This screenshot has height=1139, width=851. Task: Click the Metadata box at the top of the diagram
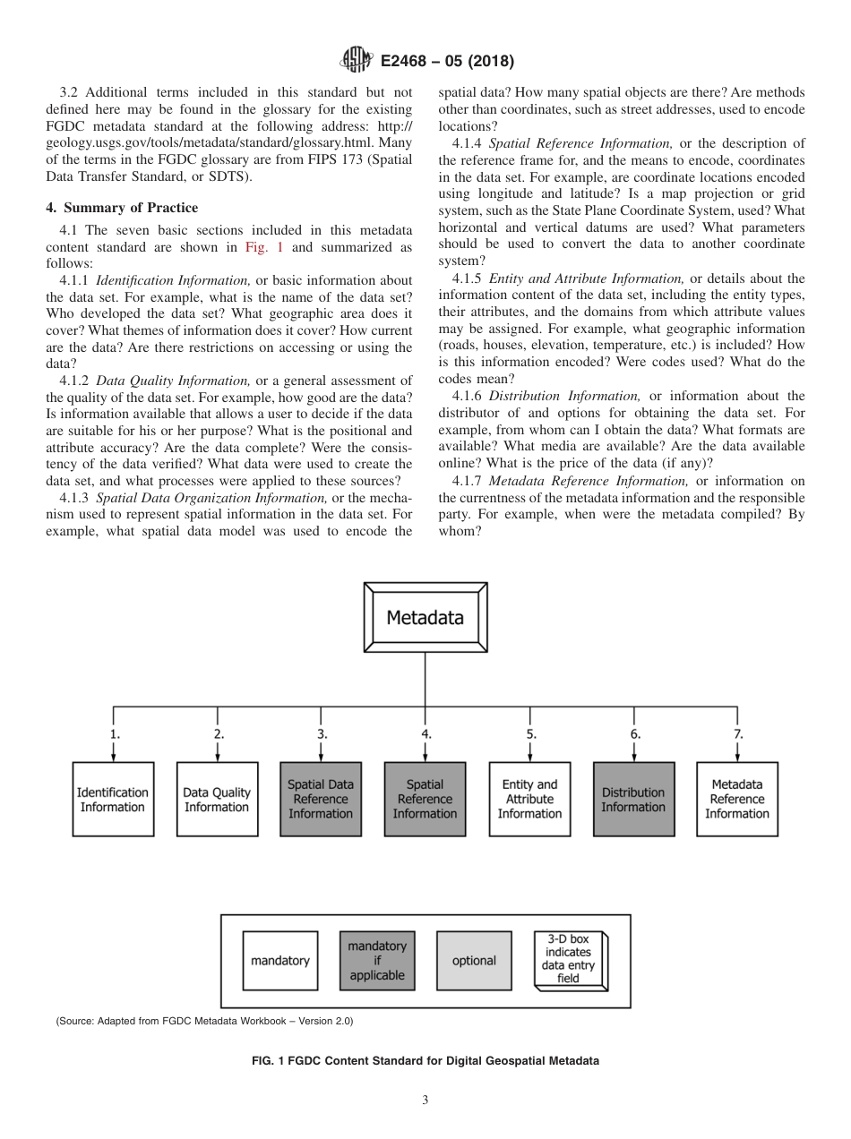pyautogui.click(x=425, y=617)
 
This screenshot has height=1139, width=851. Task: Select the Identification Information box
pyautogui.click(x=112, y=799)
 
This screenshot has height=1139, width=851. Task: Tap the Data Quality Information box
pyautogui.click(x=217, y=799)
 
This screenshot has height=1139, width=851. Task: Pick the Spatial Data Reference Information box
pyautogui.click(x=321, y=799)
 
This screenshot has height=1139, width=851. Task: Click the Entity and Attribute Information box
pyautogui.click(x=529, y=799)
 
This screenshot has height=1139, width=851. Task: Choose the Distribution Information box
pyautogui.click(x=633, y=799)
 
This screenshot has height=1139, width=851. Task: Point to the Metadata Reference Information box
pyautogui.click(x=737, y=799)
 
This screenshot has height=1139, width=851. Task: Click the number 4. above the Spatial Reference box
pyautogui.click(x=426, y=733)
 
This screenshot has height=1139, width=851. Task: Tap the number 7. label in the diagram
pyautogui.click(x=738, y=733)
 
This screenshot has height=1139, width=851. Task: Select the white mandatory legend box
pyautogui.click(x=280, y=961)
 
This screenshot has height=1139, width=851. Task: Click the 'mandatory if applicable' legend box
pyautogui.click(x=377, y=961)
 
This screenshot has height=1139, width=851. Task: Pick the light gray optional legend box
pyautogui.click(x=474, y=961)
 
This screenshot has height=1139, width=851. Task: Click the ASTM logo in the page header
pyautogui.click(x=357, y=61)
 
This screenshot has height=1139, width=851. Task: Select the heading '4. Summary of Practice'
pyautogui.click(x=109, y=208)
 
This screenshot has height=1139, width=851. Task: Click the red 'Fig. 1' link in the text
pyautogui.click(x=264, y=247)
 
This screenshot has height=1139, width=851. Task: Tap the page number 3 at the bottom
pyautogui.click(x=425, y=1100)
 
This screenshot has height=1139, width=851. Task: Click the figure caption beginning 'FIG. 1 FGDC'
pyautogui.click(x=425, y=1061)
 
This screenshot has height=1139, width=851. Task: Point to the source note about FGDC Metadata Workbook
pyautogui.click(x=204, y=1021)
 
